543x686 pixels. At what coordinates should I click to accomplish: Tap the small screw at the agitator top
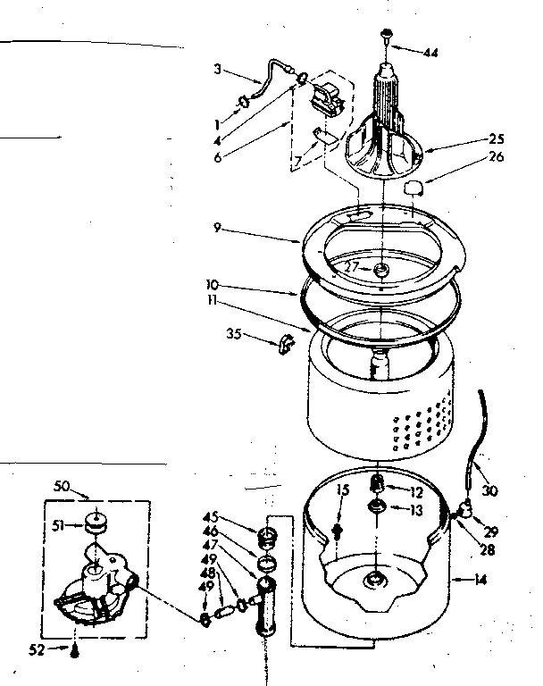(386, 35)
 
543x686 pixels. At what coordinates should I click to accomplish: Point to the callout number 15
(342, 489)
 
